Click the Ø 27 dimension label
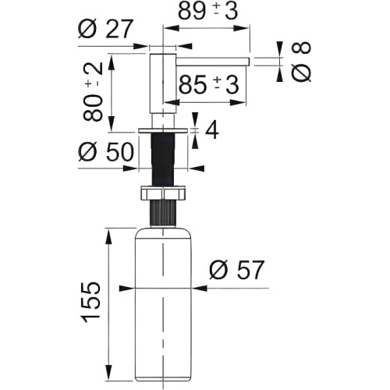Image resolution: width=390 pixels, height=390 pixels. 105,29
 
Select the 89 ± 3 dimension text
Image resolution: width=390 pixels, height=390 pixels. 208,12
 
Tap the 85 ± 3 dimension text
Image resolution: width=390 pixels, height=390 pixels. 209,85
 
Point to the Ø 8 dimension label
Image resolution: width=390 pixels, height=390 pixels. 301,62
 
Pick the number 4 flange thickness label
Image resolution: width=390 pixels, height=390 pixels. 212,130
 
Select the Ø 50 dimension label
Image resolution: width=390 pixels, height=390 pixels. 106,151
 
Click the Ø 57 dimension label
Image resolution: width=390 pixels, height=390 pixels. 236,270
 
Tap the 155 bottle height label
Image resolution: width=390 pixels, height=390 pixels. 91,302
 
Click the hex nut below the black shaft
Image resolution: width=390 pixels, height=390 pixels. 164,193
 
